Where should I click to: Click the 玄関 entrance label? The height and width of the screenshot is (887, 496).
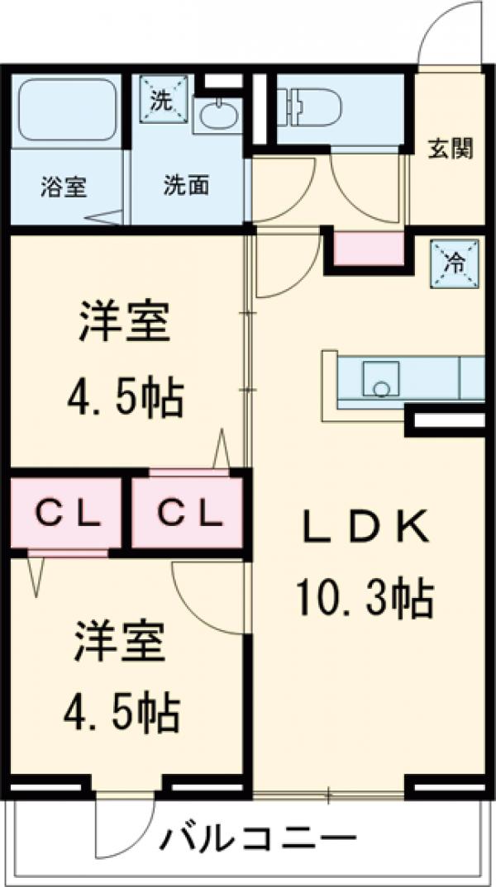click(x=450, y=149)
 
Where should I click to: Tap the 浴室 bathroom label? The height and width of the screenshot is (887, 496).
click(x=63, y=186)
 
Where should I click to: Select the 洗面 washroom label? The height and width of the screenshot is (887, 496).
click(x=185, y=186)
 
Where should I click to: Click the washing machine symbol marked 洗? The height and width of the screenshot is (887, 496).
click(x=164, y=99)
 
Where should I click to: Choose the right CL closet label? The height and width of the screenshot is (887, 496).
click(x=190, y=513)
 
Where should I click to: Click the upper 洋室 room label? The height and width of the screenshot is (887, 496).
click(x=124, y=322)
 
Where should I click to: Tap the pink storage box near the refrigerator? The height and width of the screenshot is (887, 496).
click(x=369, y=248)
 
